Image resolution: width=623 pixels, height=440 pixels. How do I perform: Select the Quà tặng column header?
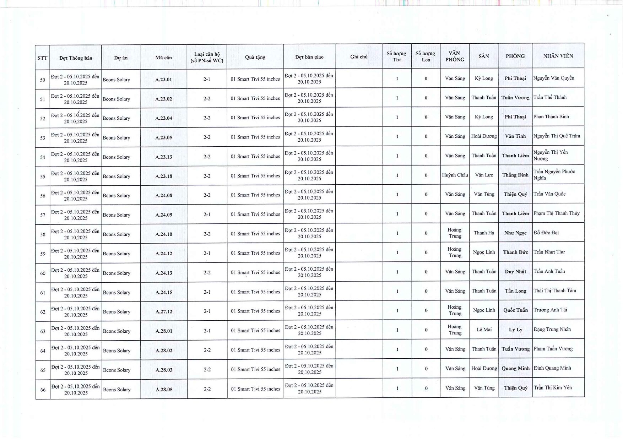click(x=255, y=57)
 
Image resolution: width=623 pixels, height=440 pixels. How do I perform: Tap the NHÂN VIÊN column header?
click(x=558, y=56)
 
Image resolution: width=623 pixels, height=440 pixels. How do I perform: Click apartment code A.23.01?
click(x=163, y=80)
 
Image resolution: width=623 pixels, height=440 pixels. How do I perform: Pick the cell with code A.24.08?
click(x=164, y=195)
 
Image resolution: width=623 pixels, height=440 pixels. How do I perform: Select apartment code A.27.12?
click(x=164, y=311)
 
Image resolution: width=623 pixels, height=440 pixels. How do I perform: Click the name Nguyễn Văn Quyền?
click(x=553, y=78)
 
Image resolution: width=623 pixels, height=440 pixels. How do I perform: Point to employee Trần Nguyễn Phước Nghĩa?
click(x=554, y=175)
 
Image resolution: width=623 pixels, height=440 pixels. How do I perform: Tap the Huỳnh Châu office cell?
click(x=455, y=175)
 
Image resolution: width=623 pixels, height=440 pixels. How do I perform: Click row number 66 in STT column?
click(x=43, y=390)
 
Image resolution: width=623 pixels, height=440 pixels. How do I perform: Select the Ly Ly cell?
click(x=515, y=330)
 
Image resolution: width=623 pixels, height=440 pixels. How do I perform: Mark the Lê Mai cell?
click(x=484, y=330)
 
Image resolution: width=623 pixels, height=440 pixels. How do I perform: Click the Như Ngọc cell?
click(x=515, y=233)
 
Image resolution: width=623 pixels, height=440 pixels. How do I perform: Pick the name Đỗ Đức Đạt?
click(x=546, y=233)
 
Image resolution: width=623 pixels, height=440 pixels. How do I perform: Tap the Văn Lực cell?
click(x=484, y=175)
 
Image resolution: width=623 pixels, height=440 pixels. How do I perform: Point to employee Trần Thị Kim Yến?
click(x=553, y=387)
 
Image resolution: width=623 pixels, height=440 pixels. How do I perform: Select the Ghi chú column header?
click(x=359, y=57)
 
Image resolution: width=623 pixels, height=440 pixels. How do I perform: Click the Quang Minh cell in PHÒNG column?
click(x=515, y=368)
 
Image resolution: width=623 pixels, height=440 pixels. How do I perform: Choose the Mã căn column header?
click(x=163, y=58)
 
